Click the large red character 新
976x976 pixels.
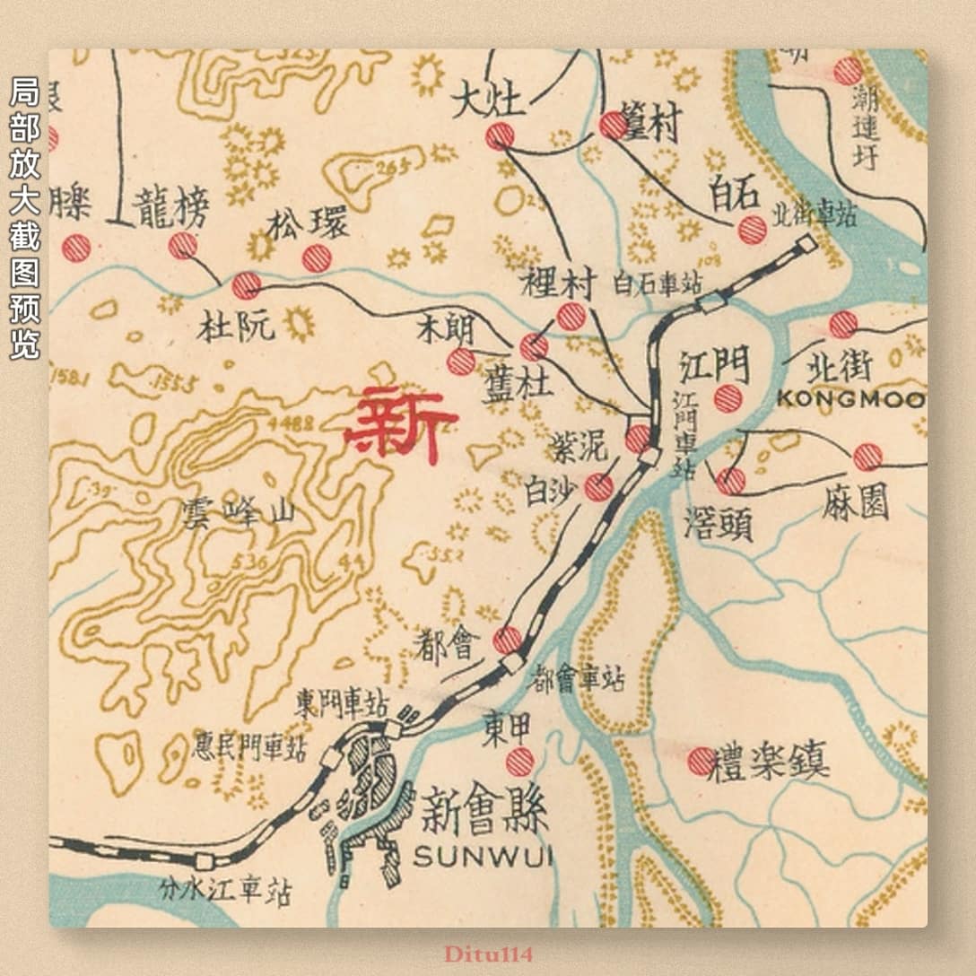pos(400,425)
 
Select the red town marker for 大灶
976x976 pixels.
pos(500,135)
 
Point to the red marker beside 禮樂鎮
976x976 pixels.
pos(701,761)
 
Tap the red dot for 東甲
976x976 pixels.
pos(519,762)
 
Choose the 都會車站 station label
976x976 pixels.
pos(579,677)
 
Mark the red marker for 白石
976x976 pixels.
pos(753,230)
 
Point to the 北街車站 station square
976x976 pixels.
pos(806,243)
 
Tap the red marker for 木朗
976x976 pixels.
pos(461,362)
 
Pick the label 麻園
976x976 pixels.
pos(855,504)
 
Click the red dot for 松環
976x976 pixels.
pos(317,258)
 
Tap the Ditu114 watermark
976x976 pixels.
pos(487,953)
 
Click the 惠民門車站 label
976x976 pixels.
pos(249,746)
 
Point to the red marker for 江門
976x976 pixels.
pos(728,399)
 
